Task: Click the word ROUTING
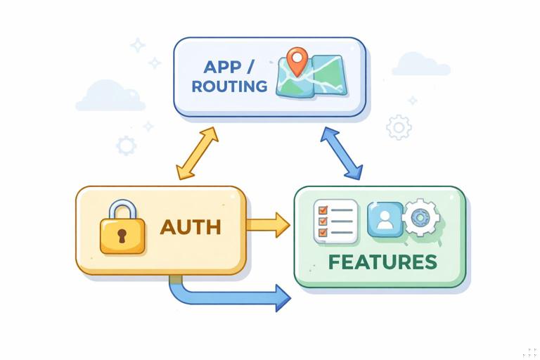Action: [230, 87]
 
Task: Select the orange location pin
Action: [298, 61]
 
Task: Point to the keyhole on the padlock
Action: [122, 235]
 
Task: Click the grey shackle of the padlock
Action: [122, 210]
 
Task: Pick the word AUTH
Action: [191, 227]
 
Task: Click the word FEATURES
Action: [382, 262]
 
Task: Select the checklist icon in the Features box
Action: [335, 221]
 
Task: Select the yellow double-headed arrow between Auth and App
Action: [198, 153]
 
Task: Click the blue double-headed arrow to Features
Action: [342, 153]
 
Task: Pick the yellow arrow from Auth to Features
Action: [267, 225]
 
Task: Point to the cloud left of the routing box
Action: [109, 97]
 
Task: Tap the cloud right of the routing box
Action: [420, 65]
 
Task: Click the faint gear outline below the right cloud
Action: [399, 127]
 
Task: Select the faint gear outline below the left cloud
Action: [127, 146]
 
